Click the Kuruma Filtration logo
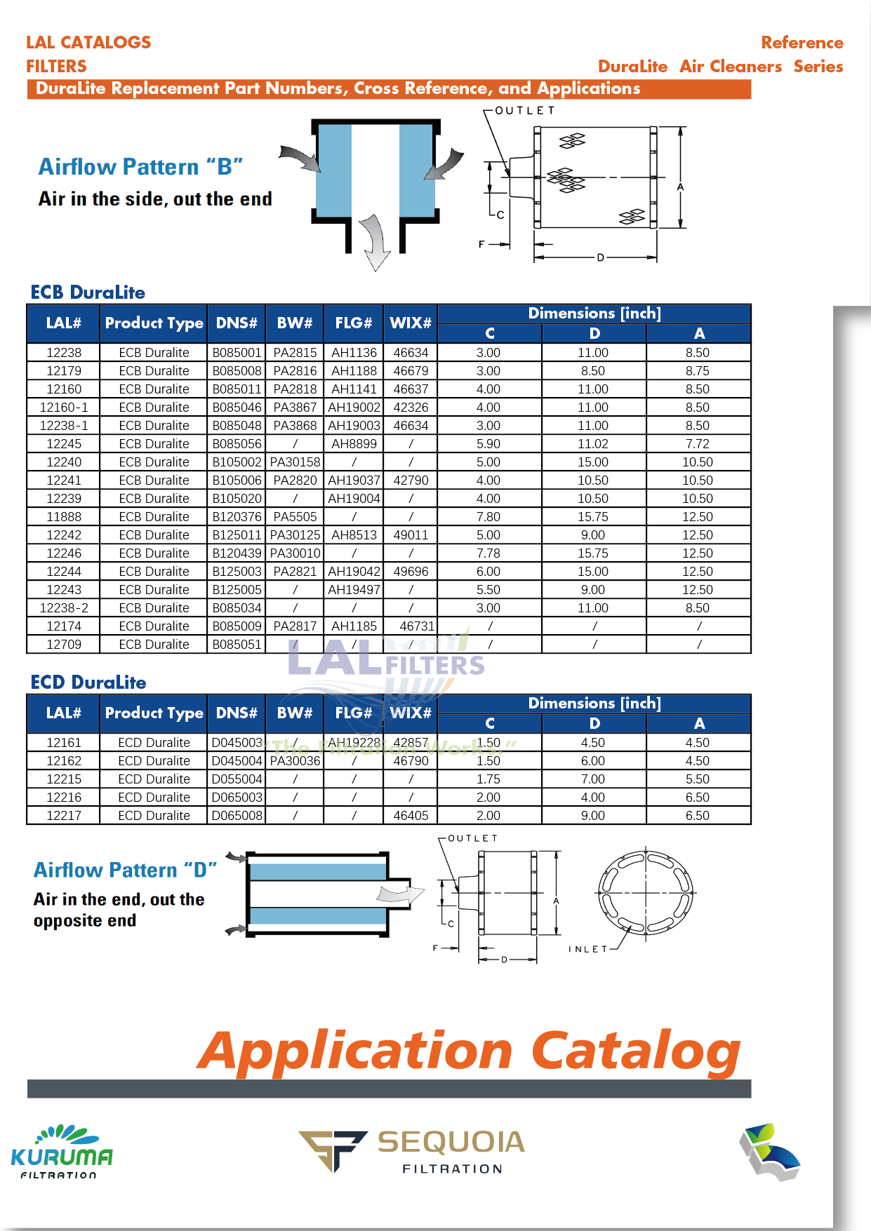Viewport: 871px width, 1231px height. [x=62, y=1152]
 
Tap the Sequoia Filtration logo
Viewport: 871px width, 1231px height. [x=412, y=1150]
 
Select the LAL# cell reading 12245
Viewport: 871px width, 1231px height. [x=64, y=444]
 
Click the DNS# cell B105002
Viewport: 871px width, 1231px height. [x=237, y=462]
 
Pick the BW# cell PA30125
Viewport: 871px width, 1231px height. [x=295, y=535]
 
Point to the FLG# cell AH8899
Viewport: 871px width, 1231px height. [x=354, y=444]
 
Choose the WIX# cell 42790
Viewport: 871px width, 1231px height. [x=411, y=480]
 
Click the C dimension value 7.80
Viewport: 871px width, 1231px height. [x=488, y=517]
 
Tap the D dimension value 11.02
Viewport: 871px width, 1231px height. [x=593, y=444]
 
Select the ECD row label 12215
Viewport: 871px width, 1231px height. [x=64, y=779]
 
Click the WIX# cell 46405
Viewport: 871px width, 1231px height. [x=411, y=816]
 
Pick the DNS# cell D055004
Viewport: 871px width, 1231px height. [x=237, y=779]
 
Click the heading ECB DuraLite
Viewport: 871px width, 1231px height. [x=88, y=292]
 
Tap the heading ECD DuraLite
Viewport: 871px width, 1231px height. [x=88, y=682]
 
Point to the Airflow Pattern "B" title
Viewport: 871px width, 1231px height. [x=140, y=167]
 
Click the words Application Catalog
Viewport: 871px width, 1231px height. [x=468, y=1051]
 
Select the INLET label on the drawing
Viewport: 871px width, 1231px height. [x=587, y=949]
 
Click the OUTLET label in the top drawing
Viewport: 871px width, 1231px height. [x=524, y=111]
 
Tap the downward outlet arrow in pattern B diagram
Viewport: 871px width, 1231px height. [x=375, y=243]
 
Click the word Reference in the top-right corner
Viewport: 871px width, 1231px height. [x=802, y=43]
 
